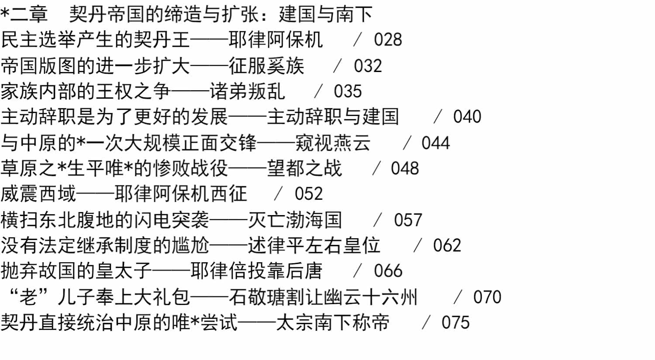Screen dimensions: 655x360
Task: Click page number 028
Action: (388, 40)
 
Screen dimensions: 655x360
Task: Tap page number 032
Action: (368, 66)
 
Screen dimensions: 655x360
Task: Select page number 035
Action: (348, 91)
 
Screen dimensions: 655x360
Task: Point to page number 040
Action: (467, 117)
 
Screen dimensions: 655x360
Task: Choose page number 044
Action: (436, 143)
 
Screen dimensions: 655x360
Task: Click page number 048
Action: (405, 168)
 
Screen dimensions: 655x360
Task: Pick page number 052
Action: (309, 194)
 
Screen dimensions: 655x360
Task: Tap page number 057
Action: (408, 220)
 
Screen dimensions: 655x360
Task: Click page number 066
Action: (388, 271)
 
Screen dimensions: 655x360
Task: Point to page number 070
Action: (487, 297)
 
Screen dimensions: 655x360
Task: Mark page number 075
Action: (455, 322)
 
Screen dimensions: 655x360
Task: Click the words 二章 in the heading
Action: (29, 14)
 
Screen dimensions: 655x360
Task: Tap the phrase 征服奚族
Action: (266, 66)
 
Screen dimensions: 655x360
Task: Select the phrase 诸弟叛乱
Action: (247, 91)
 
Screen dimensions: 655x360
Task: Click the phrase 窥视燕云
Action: (333, 143)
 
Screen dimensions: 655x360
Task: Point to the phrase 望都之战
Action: (304, 168)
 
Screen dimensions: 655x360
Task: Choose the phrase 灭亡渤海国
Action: (295, 220)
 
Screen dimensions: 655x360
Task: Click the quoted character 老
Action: (28, 297)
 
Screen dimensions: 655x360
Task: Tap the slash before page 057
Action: (378, 220)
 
